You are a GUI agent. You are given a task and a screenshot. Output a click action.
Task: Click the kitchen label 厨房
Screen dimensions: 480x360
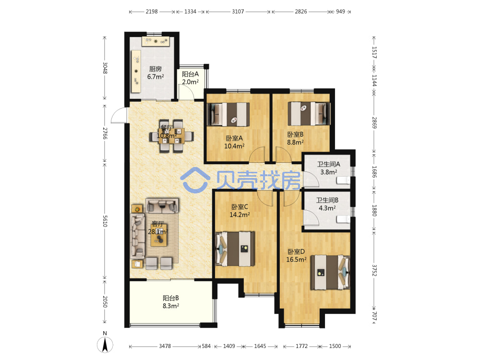(155, 69)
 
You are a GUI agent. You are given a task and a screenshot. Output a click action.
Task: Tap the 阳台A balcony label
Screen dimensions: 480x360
(190, 74)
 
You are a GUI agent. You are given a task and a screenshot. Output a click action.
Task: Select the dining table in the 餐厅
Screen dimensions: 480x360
(171, 136)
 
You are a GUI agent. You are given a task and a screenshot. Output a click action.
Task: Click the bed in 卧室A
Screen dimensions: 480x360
(228, 114)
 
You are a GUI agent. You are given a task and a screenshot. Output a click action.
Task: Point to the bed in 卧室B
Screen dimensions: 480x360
(309, 114)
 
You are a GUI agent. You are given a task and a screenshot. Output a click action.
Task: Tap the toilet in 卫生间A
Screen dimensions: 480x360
(343, 181)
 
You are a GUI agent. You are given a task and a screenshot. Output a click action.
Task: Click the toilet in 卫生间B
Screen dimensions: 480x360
(343, 219)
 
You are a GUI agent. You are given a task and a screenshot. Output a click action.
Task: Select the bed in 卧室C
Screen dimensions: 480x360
(235, 249)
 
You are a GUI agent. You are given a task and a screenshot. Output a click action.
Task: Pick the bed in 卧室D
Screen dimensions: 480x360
(330, 272)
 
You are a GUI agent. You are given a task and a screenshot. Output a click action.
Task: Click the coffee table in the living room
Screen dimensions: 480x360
(158, 235)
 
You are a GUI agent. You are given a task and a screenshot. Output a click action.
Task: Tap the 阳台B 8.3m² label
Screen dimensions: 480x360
(171, 302)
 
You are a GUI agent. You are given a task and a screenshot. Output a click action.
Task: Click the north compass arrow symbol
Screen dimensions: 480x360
(105, 344)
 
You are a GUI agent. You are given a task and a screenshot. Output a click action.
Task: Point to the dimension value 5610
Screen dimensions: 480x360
(105, 221)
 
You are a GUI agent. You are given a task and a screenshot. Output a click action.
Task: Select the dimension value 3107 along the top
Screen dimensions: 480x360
(238, 12)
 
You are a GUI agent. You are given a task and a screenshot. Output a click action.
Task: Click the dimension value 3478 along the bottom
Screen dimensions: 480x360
(165, 346)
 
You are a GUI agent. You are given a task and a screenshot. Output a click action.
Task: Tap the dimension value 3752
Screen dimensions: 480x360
(374, 270)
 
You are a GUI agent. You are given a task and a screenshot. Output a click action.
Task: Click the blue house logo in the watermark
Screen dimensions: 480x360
(195, 179)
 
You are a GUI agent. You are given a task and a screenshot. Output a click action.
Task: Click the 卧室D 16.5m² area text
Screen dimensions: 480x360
(296, 256)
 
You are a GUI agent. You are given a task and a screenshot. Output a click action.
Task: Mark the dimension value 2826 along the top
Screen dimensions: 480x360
(300, 12)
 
